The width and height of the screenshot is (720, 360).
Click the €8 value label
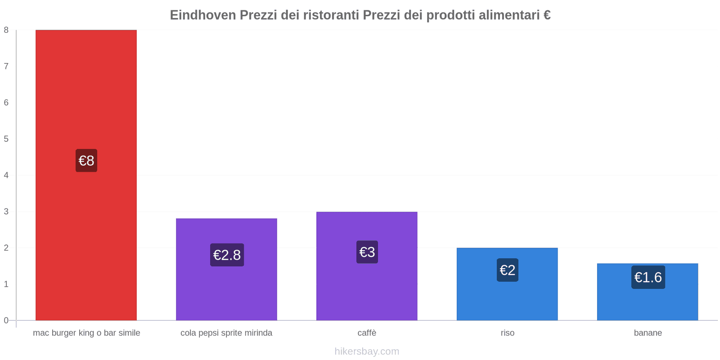click(x=86, y=161)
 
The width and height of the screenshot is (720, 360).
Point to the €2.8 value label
click(x=227, y=255)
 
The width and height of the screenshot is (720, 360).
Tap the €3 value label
click(x=367, y=252)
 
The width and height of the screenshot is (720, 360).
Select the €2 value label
click(x=508, y=270)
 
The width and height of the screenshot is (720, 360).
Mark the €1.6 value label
click(x=648, y=277)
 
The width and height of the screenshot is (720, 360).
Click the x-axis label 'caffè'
click(x=367, y=333)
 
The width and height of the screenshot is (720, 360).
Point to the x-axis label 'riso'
click(x=508, y=333)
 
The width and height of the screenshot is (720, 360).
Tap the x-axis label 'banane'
click(x=648, y=333)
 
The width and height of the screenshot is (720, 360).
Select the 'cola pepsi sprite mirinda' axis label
click(x=226, y=333)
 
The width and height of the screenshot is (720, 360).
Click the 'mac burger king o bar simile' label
click(x=86, y=333)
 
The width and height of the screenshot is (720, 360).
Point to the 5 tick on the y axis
click(x=6, y=139)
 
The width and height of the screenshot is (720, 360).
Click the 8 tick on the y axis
click(x=6, y=30)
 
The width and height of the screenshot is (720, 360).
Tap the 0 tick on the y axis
click(x=6, y=320)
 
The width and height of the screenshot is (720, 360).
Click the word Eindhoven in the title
click(x=203, y=15)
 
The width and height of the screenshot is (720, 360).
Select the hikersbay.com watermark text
click(x=367, y=351)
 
